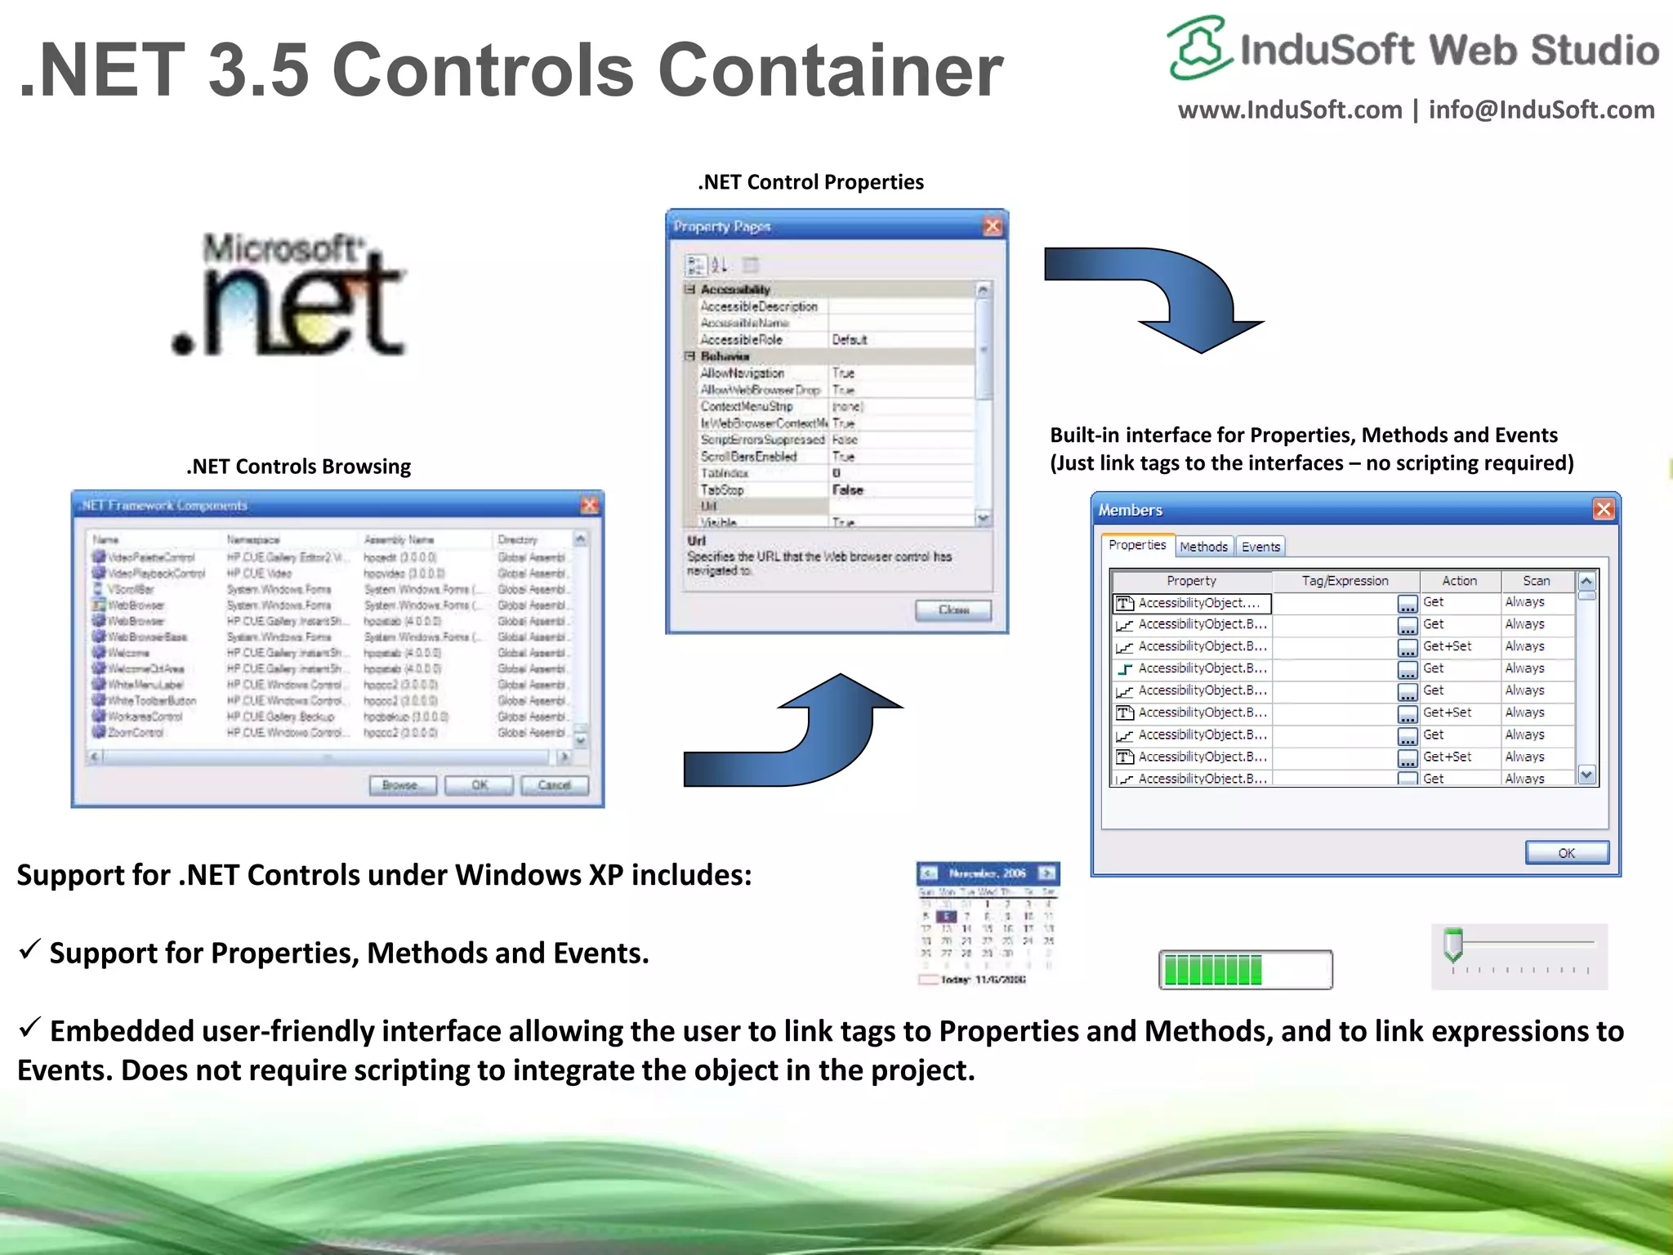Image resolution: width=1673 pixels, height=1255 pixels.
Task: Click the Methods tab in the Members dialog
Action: point(1203,547)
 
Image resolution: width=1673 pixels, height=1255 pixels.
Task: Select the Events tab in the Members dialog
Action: point(1260,547)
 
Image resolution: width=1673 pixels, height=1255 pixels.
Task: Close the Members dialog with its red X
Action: point(1603,510)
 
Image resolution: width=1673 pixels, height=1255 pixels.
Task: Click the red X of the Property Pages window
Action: point(993,226)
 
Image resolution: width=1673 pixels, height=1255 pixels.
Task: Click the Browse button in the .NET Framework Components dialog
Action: point(400,785)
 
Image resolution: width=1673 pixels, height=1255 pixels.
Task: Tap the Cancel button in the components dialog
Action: point(555,785)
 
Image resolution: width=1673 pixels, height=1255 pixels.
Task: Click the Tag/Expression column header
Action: point(1345,581)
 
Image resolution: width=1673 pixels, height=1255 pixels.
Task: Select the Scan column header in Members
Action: point(1536,581)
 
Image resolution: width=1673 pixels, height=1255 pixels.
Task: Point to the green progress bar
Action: point(1244,970)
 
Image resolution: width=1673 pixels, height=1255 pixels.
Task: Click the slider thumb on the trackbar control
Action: point(1453,945)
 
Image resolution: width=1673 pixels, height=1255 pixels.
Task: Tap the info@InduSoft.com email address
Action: point(1541,109)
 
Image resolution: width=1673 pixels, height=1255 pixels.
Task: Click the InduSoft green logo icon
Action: point(1198,47)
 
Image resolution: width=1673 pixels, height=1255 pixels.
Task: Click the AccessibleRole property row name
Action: point(742,340)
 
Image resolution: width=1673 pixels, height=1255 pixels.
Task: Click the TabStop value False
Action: point(848,490)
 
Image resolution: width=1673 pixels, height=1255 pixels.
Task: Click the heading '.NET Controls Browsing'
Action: point(299,467)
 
